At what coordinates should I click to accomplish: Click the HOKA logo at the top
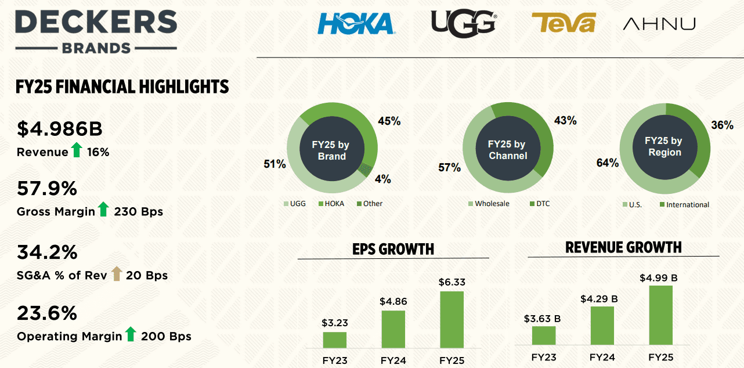point(356,23)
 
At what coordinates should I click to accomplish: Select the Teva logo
point(564,23)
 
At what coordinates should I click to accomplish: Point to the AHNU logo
point(659,24)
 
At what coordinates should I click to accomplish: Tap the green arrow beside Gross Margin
point(103,210)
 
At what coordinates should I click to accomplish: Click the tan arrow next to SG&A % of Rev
point(116,273)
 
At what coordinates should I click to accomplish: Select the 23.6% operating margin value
point(47,313)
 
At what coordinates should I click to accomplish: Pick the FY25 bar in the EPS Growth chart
point(452,319)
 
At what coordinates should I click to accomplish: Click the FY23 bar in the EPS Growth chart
point(334,340)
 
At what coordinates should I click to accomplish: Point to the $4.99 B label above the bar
point(658,277)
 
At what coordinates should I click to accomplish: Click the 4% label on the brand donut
point(382,179)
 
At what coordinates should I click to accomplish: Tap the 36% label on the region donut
point(722,125)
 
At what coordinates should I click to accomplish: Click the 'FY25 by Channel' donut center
point(507,149)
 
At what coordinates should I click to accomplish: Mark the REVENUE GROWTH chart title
point(623,248)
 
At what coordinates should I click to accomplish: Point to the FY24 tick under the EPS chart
point(393,360)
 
